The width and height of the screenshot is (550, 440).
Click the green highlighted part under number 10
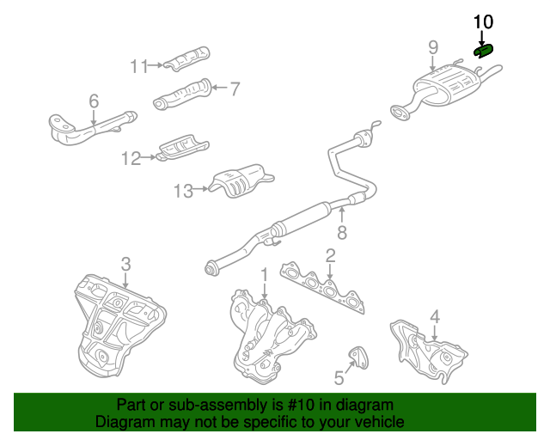tap(484, 51)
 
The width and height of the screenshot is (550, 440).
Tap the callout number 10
tap(483, 21)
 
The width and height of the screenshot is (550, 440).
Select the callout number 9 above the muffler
tap(433, 47)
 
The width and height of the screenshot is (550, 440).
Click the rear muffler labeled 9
tap(445, 88)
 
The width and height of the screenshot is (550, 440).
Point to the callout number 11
tap(139, 66)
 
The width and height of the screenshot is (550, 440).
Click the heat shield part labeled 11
tap(187, 58)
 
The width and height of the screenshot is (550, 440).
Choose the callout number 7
tap(235, 89)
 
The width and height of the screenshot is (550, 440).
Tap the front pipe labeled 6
tap(92, 127)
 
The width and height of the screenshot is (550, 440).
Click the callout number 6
tap(94, 101)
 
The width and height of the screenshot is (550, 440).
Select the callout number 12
tap(131, 159)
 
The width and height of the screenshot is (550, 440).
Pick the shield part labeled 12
tap(183, 147)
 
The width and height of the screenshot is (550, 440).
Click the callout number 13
tap(183, 192)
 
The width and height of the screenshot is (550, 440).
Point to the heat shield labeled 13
tap(241, 180)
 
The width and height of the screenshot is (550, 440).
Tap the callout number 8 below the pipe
tap(342, 232)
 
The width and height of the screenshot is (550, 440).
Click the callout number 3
tap(126, 264)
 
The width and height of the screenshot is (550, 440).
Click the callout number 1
tap(265, 275)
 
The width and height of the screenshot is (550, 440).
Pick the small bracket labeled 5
tap(358, 357)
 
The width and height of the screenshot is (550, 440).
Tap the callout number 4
tap(435, 317)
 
